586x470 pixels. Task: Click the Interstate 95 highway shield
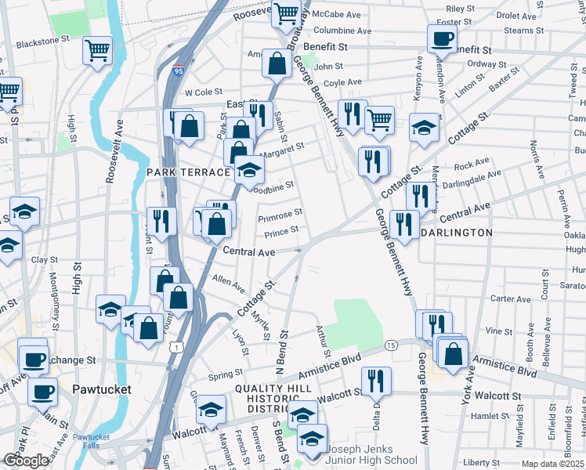[179, 71]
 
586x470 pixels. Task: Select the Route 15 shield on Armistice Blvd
[390, 345]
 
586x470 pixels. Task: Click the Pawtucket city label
[102, 389]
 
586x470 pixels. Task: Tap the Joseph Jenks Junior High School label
[372, 455]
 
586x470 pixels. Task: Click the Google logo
[27, 461]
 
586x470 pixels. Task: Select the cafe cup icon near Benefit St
[442, 38]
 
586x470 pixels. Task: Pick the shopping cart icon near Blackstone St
[99, 52]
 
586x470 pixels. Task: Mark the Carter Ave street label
[510, 298]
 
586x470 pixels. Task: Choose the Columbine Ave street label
[341, 31]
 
